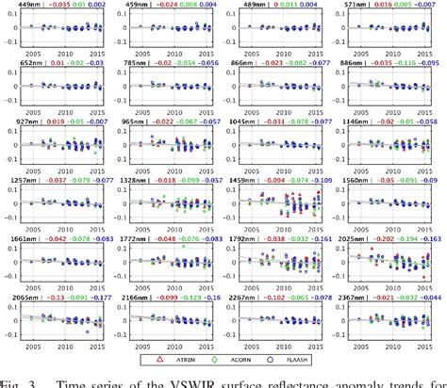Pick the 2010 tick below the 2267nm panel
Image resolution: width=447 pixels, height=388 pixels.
pos(281,347)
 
